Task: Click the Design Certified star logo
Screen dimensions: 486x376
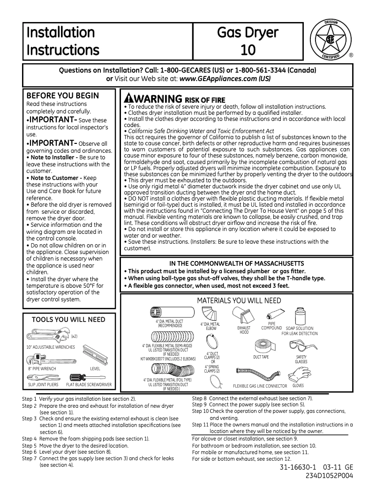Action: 331,40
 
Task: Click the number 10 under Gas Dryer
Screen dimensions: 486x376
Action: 248,49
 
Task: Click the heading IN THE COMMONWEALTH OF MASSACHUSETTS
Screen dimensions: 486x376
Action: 236,263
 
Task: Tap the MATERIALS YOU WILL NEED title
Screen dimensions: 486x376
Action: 239,300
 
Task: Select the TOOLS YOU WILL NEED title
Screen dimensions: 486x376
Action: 68,320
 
